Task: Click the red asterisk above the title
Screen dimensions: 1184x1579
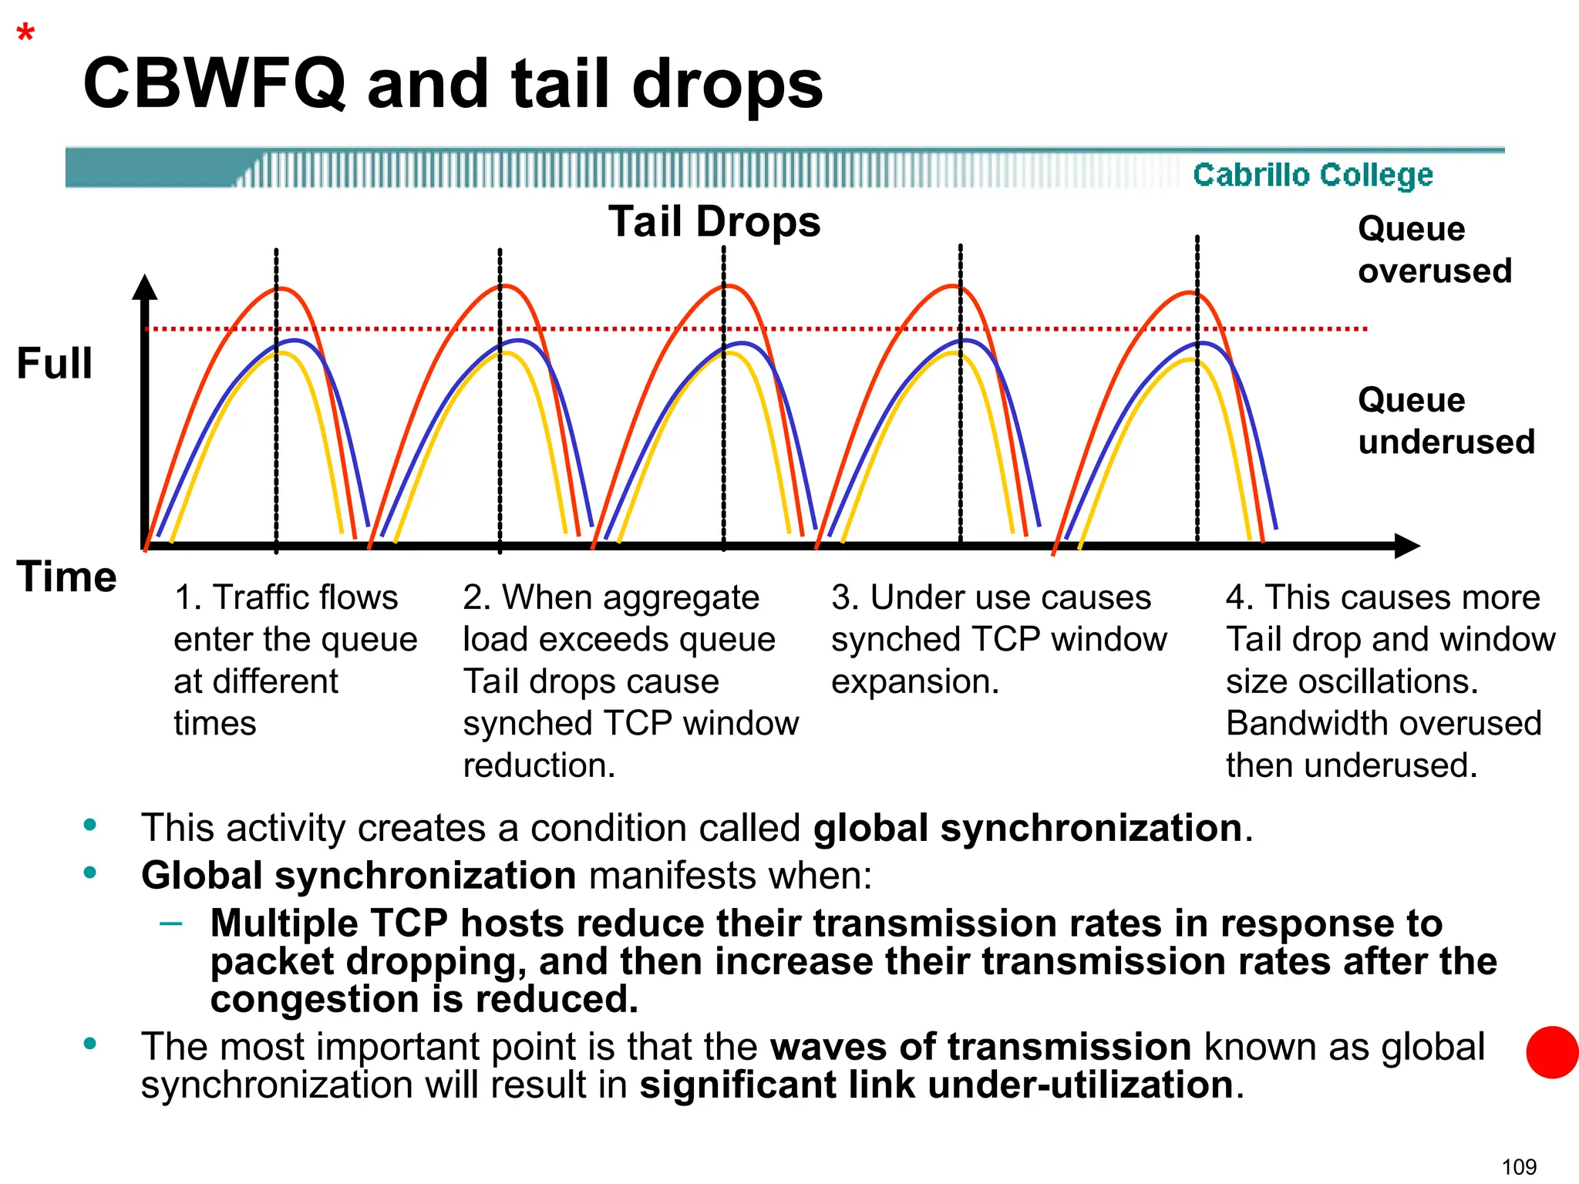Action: point(26,33)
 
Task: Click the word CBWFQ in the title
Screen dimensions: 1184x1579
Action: point(214,84)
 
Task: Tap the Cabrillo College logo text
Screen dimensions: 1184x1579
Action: point(1312,175)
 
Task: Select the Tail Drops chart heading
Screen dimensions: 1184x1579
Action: point(714,222)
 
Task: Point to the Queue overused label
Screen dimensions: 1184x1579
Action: point(1434,250)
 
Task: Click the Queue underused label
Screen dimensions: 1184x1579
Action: point(1446,421)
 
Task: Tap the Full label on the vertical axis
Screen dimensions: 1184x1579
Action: point(55,364)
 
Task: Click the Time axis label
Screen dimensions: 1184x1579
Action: point(67,577)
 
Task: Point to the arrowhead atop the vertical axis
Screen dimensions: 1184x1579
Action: point(144,288)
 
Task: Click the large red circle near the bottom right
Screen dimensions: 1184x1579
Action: point(1552,1052)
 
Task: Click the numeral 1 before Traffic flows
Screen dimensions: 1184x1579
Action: point(183,597)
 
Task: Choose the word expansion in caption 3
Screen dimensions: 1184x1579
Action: point(914,682)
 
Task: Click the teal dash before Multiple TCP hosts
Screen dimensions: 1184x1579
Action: point(170,923)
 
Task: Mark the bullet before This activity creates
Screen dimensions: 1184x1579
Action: point(90,825)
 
